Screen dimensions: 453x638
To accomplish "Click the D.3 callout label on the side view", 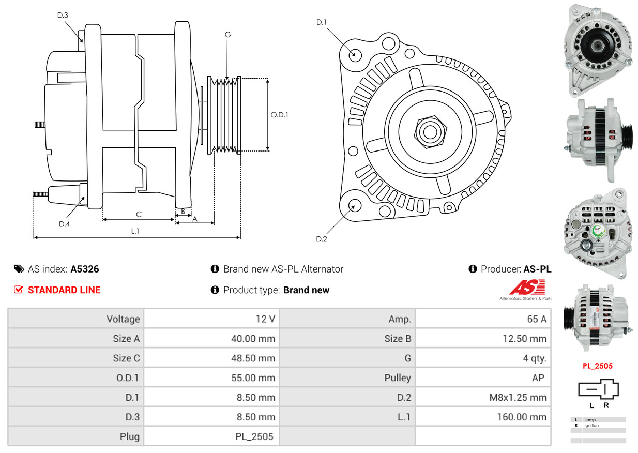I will [63, 15].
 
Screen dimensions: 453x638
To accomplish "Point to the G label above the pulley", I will [227, 35].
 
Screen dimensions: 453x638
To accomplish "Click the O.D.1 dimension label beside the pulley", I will [279, 115].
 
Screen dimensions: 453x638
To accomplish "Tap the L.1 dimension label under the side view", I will [135, 231].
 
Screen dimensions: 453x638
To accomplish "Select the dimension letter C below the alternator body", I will [139, 214].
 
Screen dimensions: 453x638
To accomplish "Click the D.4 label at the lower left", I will [64, 224].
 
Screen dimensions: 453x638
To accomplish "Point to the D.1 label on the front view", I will [322, 22].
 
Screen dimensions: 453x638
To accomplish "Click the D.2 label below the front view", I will [322, 239].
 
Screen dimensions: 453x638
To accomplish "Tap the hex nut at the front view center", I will [429, 131].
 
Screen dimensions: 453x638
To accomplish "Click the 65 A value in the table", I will [536, 319].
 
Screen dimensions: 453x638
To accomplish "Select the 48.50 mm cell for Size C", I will [253, 358].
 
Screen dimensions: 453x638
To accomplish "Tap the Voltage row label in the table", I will [123, 319].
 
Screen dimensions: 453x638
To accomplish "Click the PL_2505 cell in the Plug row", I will [254, 436].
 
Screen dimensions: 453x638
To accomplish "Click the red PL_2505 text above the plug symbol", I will [597, 366].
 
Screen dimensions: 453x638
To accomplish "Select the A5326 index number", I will [85, 269].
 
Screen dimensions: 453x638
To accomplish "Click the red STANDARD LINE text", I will [64, 290].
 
